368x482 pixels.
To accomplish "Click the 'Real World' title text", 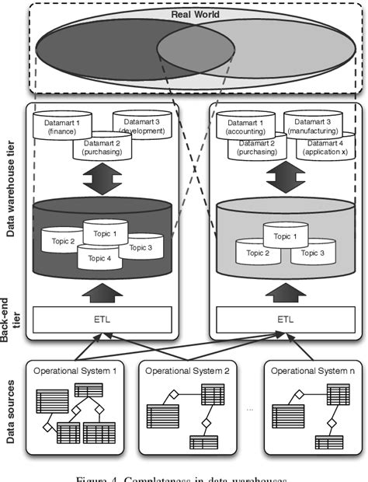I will tap(185, 15).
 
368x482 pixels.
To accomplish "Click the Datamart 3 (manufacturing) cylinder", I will tap(312, 124).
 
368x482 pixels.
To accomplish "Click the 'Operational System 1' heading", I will tap(75, 371).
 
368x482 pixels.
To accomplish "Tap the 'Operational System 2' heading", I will tap(187, 371).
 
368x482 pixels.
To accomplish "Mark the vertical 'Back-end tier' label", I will tap(11, 328).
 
